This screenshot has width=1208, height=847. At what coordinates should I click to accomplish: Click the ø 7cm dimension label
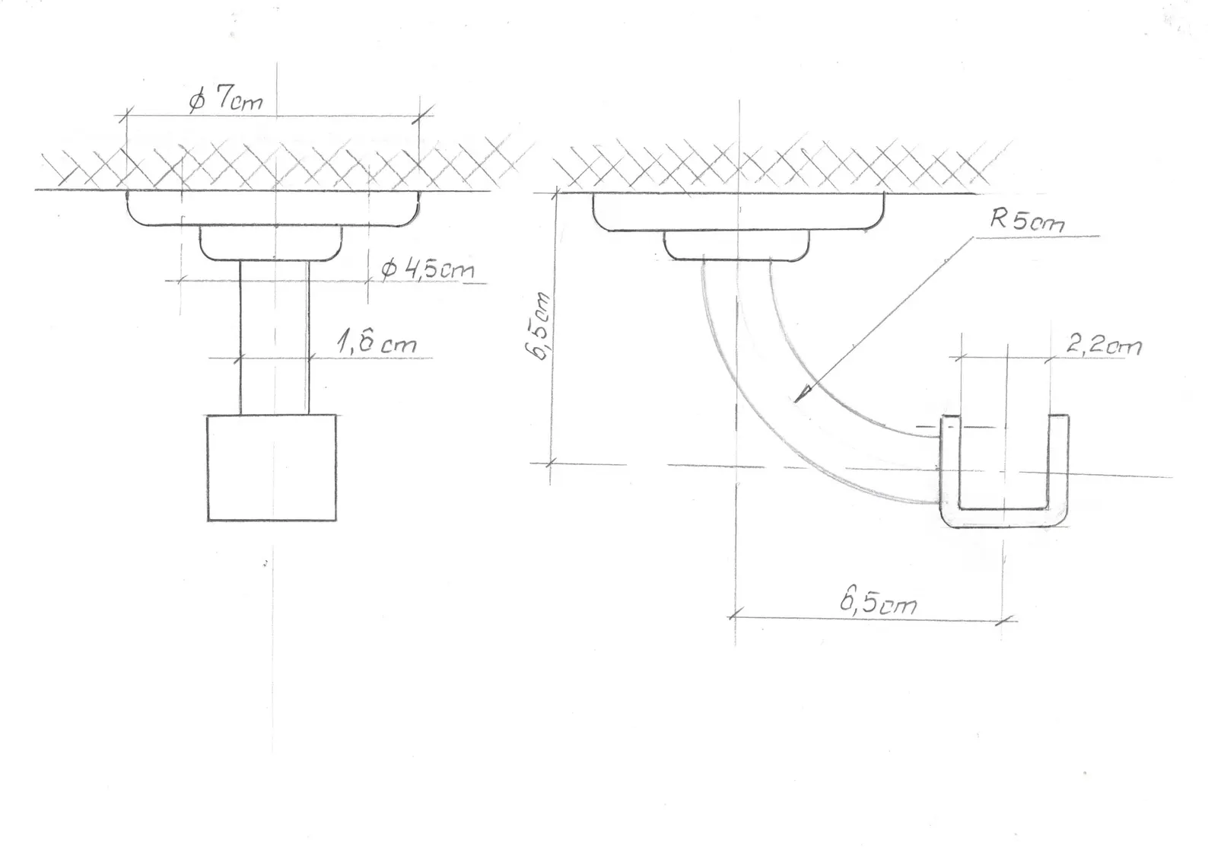pyautogui.click(x=226, y=100)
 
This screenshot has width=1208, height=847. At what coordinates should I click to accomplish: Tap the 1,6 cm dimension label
pyautogui.click(x=377, y=343)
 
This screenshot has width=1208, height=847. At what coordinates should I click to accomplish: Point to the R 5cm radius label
pyautogui.click(x=1027, y=221)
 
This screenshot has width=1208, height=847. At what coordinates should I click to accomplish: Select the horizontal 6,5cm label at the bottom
pyautogui.click(x=878, y=603)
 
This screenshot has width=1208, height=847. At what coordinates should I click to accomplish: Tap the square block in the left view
pyautogui.click(x=272, y=467)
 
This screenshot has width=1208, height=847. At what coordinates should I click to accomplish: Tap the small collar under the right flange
pyautogui.click(x=736, y=245)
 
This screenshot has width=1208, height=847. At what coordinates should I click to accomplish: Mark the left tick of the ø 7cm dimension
pyautogui.click(x=124, y=116)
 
